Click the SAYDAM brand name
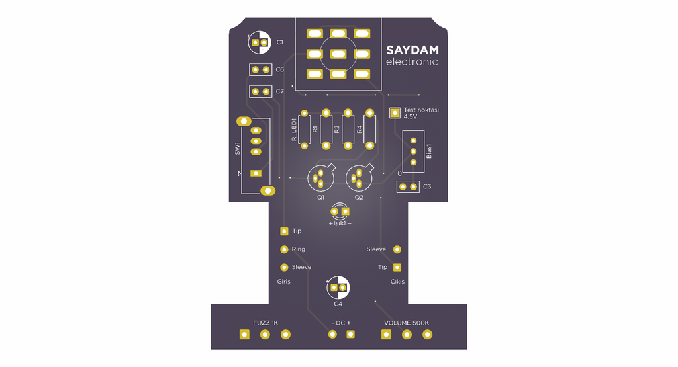tap(412, 50)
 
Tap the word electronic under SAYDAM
tap(412, 61)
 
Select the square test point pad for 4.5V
tap(395, 113)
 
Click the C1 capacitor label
tap(280, 42)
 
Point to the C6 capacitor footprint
tap(260, 69)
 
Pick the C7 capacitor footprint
tap(260, 91)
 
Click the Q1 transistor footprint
tap(321, 177)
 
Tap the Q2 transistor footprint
tap(360, 177)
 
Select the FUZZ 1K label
tap(266, 323)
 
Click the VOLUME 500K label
tap(407, 323)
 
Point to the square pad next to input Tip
tap(284, 231)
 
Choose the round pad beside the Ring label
tap(284, 249)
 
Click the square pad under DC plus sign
tap(351, 334)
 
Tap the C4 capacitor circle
tap(338, 288)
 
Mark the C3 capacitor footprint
tap(408, 187)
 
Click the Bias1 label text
tap(429, 151)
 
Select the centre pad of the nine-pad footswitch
tap(338, 54)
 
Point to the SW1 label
tap(237, 149)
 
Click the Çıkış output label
tap(397, 282)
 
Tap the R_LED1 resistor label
tap(294, 130)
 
